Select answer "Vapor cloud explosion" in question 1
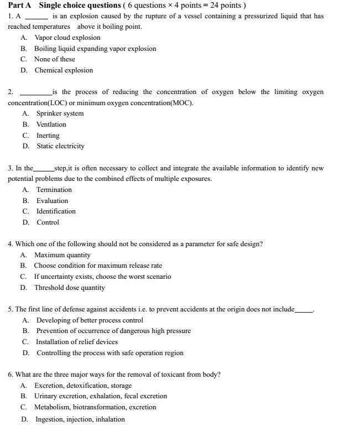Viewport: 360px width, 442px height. (x=67, y=38)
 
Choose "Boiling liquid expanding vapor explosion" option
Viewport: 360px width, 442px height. (x=95, y=49)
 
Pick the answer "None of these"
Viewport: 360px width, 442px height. (x=54, y=59)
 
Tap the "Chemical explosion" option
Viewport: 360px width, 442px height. (x=64, y=70)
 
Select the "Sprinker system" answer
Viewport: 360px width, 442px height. (x=60, y=113)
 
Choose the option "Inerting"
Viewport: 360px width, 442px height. (x=48, y=136)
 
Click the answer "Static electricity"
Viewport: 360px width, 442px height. (x=60, y=146)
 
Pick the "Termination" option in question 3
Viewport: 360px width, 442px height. (x=54, y=190)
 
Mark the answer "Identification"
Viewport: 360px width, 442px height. (x=56, y=211)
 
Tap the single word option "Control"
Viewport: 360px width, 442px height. (x=48, y=222)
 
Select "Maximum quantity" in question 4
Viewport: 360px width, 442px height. (x=62, y=255)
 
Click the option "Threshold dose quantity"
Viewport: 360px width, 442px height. (x=69, y=288)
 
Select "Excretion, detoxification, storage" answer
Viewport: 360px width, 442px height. (x=83, y=386)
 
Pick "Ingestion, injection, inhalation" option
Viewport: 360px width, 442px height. (x=80, y=419)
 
